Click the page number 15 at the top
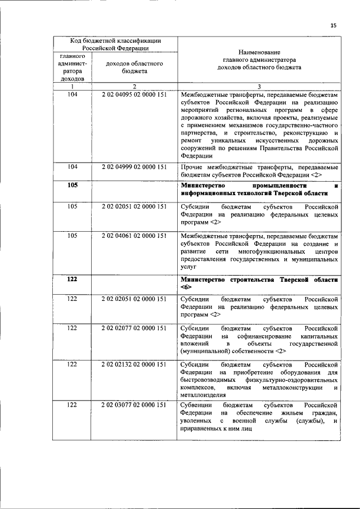tap(333, 25)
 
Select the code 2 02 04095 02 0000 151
tap(134, 94)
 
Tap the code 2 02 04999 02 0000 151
tap(134, 167)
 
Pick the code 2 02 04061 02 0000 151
tap(134, 236)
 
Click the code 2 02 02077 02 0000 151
tap(134, 327)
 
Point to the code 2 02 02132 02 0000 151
tap(134, 364)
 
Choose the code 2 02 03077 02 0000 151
tap(134, 405)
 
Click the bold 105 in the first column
tap(73, 185)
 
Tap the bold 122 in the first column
tap(73, 280)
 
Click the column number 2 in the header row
tap(134, 86)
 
